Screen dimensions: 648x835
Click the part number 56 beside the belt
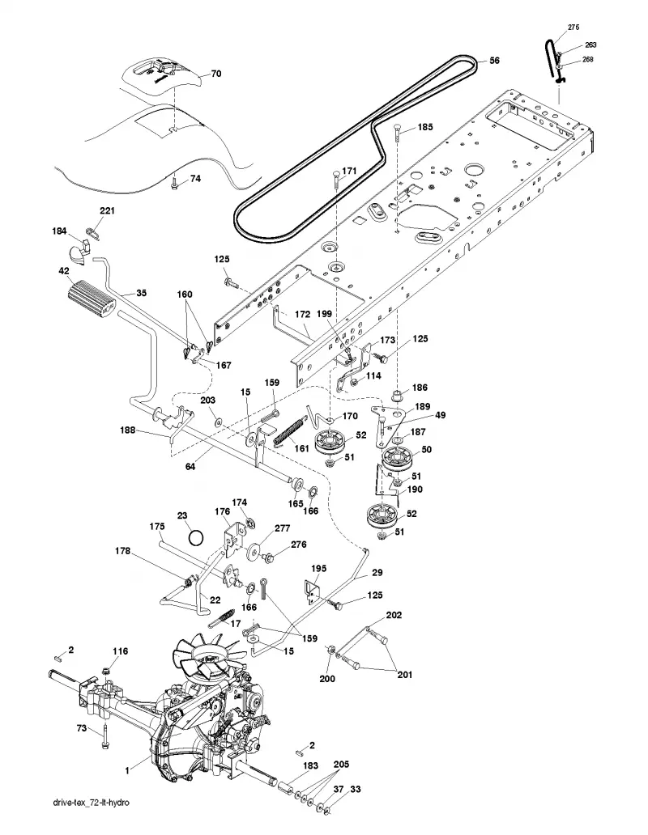[494, 61]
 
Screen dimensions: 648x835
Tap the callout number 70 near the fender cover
[215, 74]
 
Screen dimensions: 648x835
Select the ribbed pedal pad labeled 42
[92, 302]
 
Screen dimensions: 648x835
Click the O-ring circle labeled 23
[196, 537]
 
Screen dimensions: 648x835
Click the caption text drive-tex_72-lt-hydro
[91, 817]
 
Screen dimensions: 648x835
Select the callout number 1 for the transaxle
[127, 770]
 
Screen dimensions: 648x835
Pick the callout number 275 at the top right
[573, 28]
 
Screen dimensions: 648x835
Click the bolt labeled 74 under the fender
[174, 184]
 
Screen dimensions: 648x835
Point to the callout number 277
[282, 528]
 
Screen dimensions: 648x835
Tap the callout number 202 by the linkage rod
[394, 615]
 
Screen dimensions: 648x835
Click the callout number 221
[107, 211]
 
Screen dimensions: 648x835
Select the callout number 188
[128, 430]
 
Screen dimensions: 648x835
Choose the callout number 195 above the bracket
[318, 569]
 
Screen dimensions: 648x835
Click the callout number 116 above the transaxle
[120, 651]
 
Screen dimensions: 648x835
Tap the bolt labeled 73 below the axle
[107, 737]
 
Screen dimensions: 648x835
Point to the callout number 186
[420, 388]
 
